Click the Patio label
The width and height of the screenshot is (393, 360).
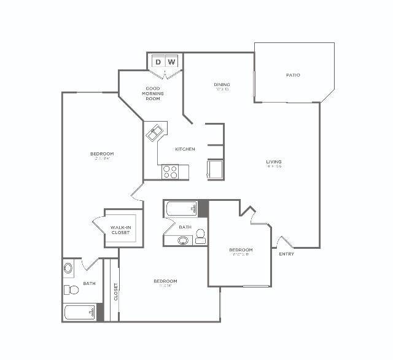point(293,75)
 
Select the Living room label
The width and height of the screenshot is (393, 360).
point(273,162)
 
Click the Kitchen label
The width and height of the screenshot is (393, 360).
point(185,149)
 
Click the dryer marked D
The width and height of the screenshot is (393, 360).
point(157,62)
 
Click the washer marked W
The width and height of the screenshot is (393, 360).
point(173,62)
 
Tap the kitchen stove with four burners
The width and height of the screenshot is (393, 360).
point(170,172)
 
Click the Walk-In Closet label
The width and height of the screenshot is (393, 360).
point(121,230)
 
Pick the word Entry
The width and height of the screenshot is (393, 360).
point(286,254)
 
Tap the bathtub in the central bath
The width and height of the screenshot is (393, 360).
point(181,209)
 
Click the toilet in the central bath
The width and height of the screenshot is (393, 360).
point(200,237)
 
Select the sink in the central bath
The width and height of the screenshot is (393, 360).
point(183,240)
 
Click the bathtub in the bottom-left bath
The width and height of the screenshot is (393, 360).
point(79,313)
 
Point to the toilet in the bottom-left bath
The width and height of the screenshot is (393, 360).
point(68,289)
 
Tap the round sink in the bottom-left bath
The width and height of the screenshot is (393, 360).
point(68,268)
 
